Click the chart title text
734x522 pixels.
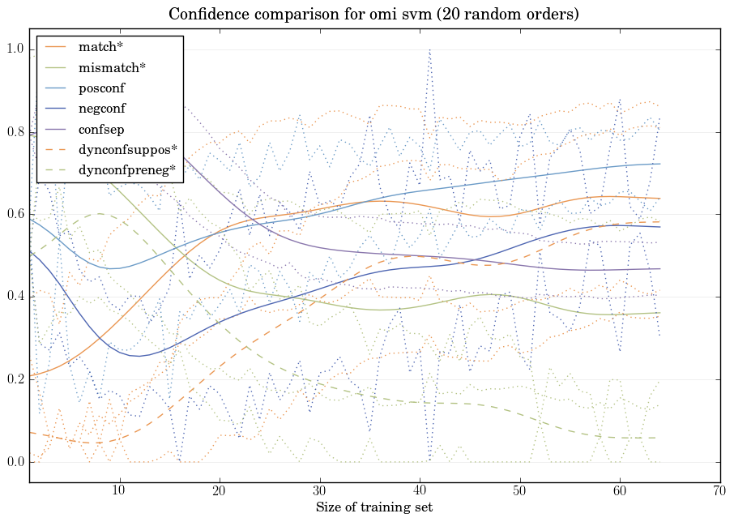pos(373,15)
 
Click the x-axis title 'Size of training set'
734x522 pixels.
pos(373,507)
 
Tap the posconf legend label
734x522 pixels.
pos(101,88)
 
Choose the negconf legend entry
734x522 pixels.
pos(101,108)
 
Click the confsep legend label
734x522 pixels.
pos(100,128)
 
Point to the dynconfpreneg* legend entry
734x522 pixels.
pos(127,169)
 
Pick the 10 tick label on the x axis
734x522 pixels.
pos(119,490)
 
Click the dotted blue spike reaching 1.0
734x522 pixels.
pos(429,52)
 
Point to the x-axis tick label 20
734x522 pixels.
pos(220,490)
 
